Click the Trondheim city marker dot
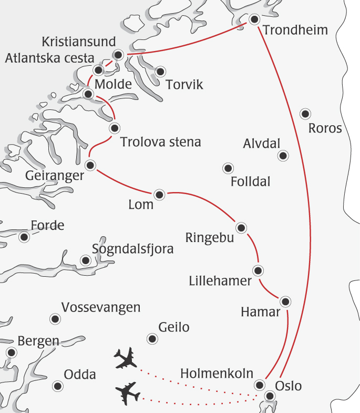point(254,19)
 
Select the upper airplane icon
point(126,358)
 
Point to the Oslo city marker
point(270,396)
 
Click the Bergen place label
point(38,340)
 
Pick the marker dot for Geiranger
point(90,165)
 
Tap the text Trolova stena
point(160,142)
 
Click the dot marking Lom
point(160,195)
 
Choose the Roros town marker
point(304,113)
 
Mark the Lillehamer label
point(220,281)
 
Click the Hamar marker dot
point(285,301)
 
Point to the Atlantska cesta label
point(49,58)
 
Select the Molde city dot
point(88,94)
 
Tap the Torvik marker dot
point(160,71)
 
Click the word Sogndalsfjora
point(132,249)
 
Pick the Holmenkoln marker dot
point(259,385)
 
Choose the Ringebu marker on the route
point(241,228)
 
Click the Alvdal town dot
point(283,155)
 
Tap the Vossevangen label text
point(101,307)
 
